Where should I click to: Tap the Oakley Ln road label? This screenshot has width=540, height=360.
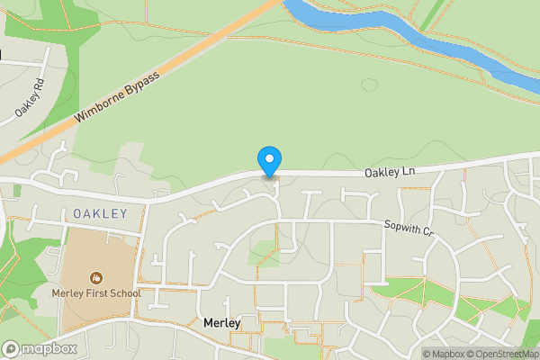pyautogui.click(x=390, y=171)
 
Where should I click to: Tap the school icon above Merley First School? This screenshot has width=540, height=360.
pyautogui.click(x=95, y=276)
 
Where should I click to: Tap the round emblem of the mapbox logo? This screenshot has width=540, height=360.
pyautogui.click(x=11, y=348)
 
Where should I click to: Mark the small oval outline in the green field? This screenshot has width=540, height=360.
pyautogui.click(x=369, y=85)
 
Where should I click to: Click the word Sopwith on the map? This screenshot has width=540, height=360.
pyautogui.click(x=401, y=227)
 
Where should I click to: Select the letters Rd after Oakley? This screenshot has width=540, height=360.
pyautogui.click(x=37, y=89)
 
